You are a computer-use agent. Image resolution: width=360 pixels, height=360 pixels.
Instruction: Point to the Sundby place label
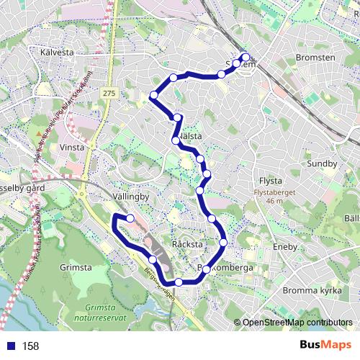point(322,163)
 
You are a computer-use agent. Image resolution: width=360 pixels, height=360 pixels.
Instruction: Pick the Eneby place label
point(285,246)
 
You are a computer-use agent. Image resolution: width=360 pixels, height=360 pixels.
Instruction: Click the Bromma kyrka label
point(310,289)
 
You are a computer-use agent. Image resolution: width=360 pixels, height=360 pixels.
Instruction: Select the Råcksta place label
point(188,245)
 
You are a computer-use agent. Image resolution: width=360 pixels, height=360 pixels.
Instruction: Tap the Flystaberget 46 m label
point(274,197)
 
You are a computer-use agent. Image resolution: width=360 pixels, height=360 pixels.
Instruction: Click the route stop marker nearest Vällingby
point(130,217)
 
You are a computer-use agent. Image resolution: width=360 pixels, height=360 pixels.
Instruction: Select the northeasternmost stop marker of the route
point(246,57)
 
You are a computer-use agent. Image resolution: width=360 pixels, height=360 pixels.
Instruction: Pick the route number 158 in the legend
point(30,346)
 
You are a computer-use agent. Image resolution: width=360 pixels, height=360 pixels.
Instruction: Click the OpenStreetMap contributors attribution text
point(297,323)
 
